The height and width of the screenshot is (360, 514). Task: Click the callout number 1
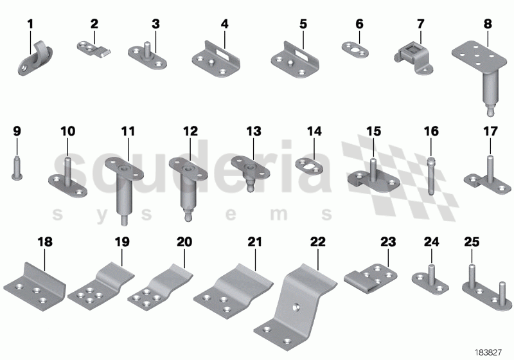pyautogui.click(x=30, y=25)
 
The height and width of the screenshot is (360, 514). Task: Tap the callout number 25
pyautogui.click(x=471, y=242)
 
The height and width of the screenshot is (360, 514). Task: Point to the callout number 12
pyautogui.click(x=190, y=131)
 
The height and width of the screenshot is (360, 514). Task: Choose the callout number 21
pyautogui.click(x=255, y=242)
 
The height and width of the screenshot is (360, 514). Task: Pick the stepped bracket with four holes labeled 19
pyautogui.click(x=101, y=283)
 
